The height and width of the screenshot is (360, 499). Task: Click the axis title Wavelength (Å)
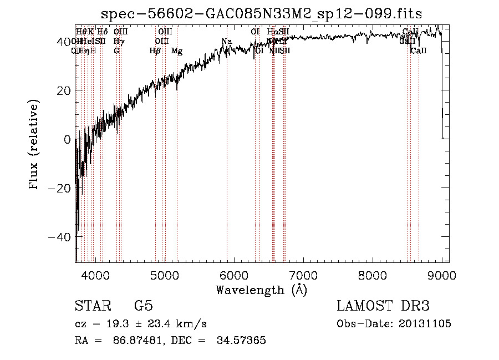pyautogui.click(x=261, y=290)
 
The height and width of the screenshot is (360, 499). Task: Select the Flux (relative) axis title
pyautogui.click(x=34, y=145)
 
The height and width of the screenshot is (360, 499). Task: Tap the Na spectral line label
pyautogui.click(x=226, y=42)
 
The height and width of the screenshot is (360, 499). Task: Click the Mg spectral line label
pyautogui.click(x=177, y=51)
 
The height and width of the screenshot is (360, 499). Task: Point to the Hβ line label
pyautogui.click(x=155, y=51)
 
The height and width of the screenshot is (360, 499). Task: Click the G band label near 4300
pyautogui.click(x=116, y=51)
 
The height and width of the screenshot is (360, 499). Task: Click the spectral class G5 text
pyautogui.click(x=143, y=306)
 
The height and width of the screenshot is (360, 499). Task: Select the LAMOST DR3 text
pyautogui.click(x=383, y=306)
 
